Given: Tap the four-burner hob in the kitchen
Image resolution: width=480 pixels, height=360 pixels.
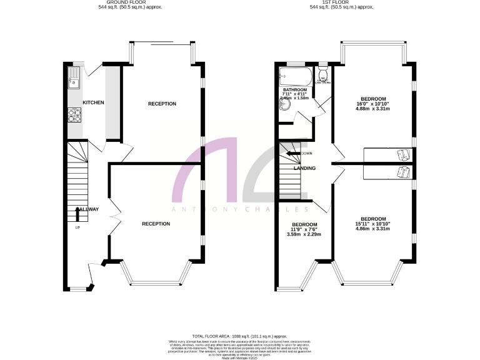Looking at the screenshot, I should coord(73,115).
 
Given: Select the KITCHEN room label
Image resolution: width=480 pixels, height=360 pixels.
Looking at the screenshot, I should coord(93,102).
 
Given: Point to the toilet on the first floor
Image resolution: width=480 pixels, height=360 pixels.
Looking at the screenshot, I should coord(323,77).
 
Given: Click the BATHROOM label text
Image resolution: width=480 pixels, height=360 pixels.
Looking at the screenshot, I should coord(294,90).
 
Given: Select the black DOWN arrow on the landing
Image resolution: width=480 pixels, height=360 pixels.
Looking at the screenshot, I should coord(292,152).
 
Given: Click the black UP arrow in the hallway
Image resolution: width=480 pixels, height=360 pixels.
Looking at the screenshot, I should coord(77,214).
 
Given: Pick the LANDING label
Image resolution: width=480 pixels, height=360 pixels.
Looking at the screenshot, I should coord(304,168).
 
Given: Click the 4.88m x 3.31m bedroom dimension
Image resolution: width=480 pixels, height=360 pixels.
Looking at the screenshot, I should coord(373,109).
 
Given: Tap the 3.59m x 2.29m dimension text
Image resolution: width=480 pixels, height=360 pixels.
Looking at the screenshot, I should coord(304,234).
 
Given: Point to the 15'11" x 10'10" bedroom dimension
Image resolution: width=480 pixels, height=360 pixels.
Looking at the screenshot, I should coord(372,224).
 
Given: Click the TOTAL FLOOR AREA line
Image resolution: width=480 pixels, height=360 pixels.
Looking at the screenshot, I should coord(239,335).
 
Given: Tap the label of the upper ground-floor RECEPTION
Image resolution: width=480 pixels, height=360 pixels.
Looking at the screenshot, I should coord(162,104).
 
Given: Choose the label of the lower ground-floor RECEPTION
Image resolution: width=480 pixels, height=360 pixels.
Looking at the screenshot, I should coord(156,224).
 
